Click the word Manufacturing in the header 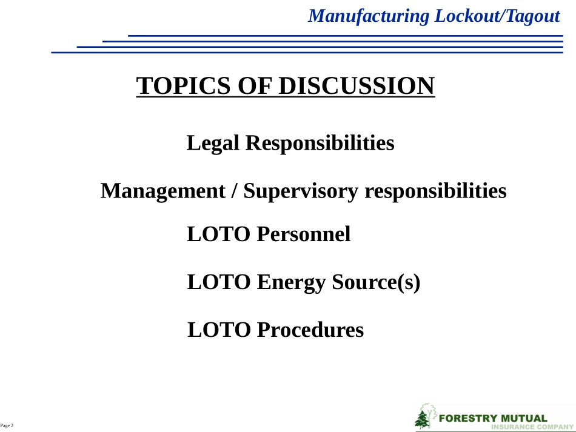coord(369,16)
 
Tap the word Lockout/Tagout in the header coord(497,16)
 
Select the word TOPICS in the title coord(184,85)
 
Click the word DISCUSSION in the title coord(357,85)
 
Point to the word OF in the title coord(255,85)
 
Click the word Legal coord(213,143)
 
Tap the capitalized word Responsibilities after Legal coord(320,143)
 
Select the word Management coord(162,191)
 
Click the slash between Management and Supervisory coord(234,191)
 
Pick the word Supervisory coord(301,191)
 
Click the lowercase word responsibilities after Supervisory coord(435,191)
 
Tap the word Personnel coord(304,234)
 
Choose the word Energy coord(291,282)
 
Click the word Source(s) coord(376,282)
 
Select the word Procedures coord(310,330)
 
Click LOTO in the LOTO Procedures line coord(219,330)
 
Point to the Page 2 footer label coord(7,426)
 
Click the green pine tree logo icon coord(423,419)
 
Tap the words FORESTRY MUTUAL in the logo coord(493,419)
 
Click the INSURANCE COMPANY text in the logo coord(532,427)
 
